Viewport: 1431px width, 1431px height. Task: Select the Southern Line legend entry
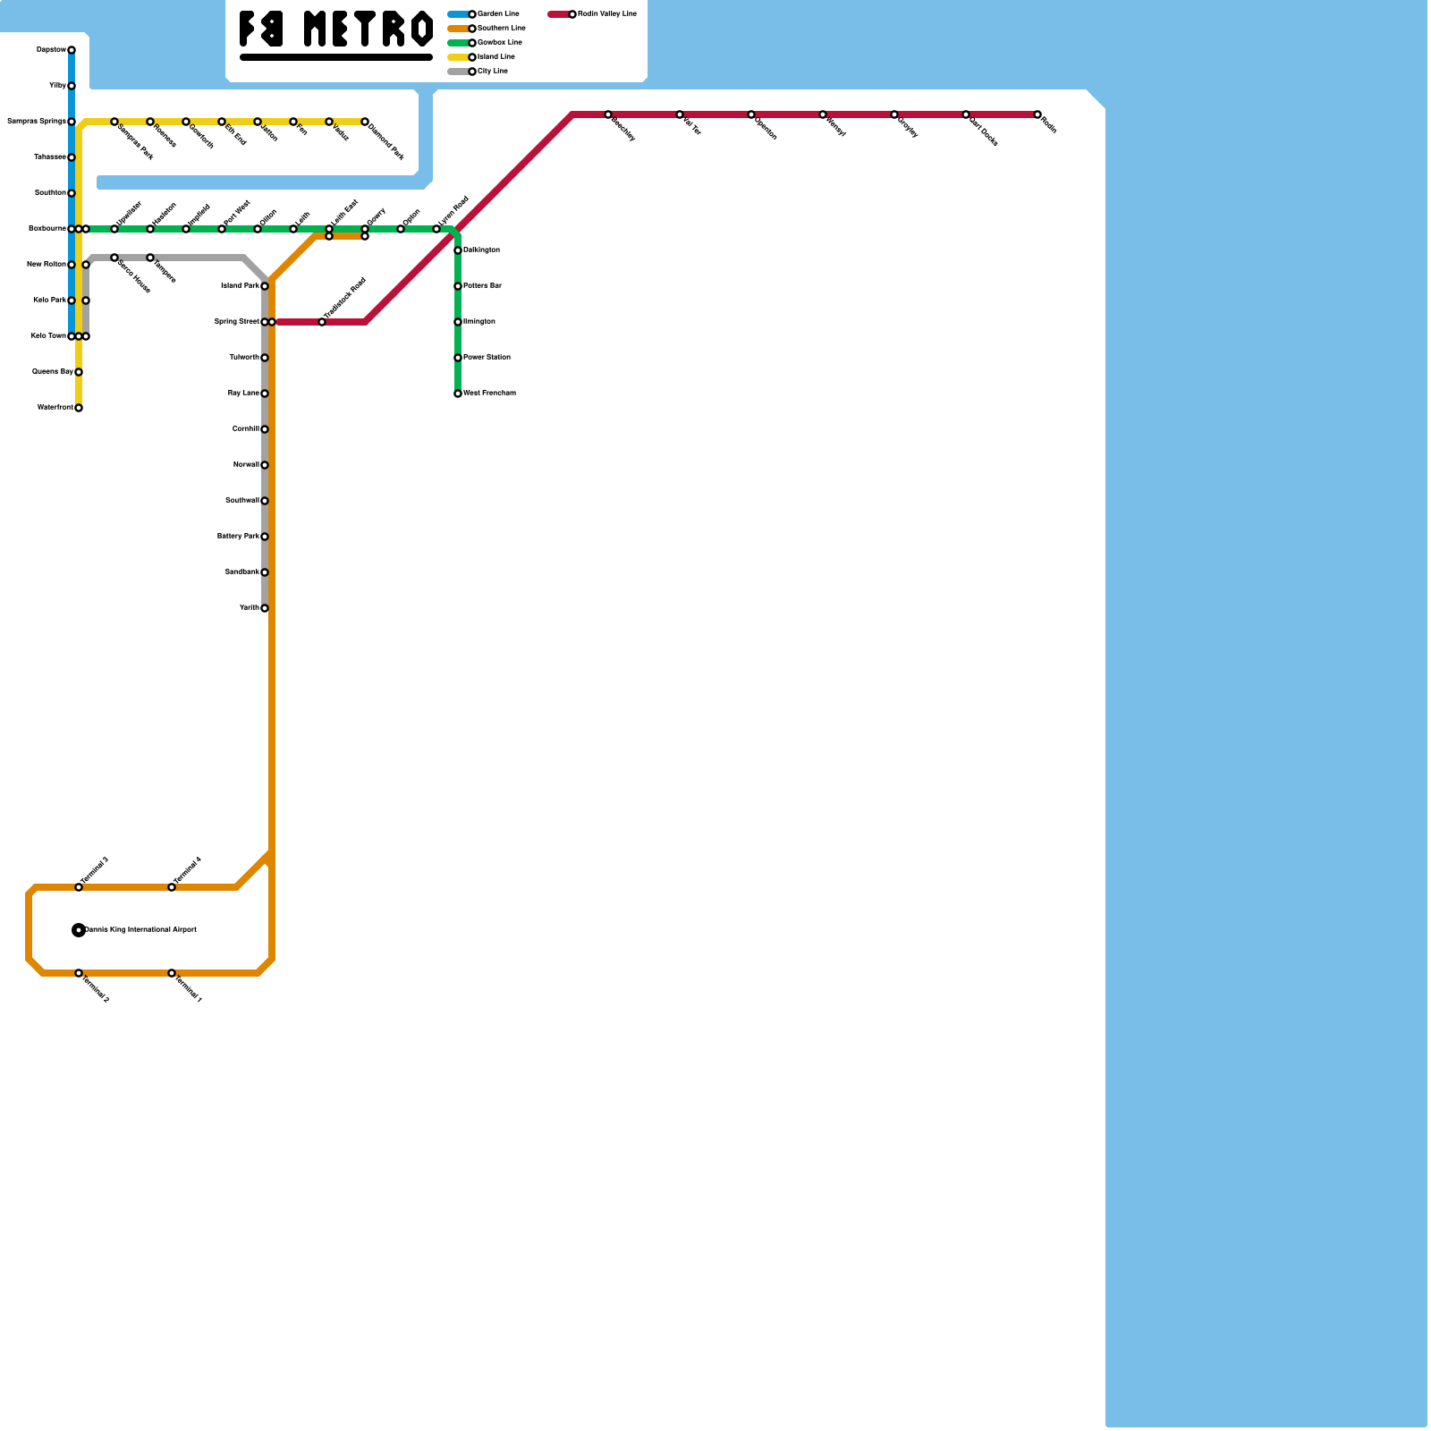click(487, 29)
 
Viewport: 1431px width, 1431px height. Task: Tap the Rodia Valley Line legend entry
click(593, 14)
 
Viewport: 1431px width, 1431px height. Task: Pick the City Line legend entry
click(478, 72)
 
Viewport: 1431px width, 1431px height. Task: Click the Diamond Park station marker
click(365, 122)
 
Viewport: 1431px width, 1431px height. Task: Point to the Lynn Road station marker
click(436, 229)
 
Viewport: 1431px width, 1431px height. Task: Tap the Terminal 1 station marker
click(172, 973)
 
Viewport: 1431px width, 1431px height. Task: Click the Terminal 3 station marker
click(79, 887)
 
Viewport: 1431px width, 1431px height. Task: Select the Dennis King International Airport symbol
click(79, 930)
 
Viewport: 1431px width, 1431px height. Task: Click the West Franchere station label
click(489, 394)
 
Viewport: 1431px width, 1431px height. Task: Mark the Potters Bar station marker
click(458, 286)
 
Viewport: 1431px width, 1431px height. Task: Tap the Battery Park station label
click(238, 537)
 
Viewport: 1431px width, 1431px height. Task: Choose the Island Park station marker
click(265, 286)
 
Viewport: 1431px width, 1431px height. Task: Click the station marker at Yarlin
click(265, 608)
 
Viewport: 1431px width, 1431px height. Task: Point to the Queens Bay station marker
click(79, 372)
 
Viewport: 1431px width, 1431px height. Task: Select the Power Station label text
click(487, 358)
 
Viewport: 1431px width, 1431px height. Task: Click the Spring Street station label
click(236, 322)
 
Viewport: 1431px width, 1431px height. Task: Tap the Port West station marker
click(222, 229)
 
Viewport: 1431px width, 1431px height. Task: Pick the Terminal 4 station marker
click(172, 887)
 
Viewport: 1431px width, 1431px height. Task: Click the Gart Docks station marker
click(966, 114)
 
